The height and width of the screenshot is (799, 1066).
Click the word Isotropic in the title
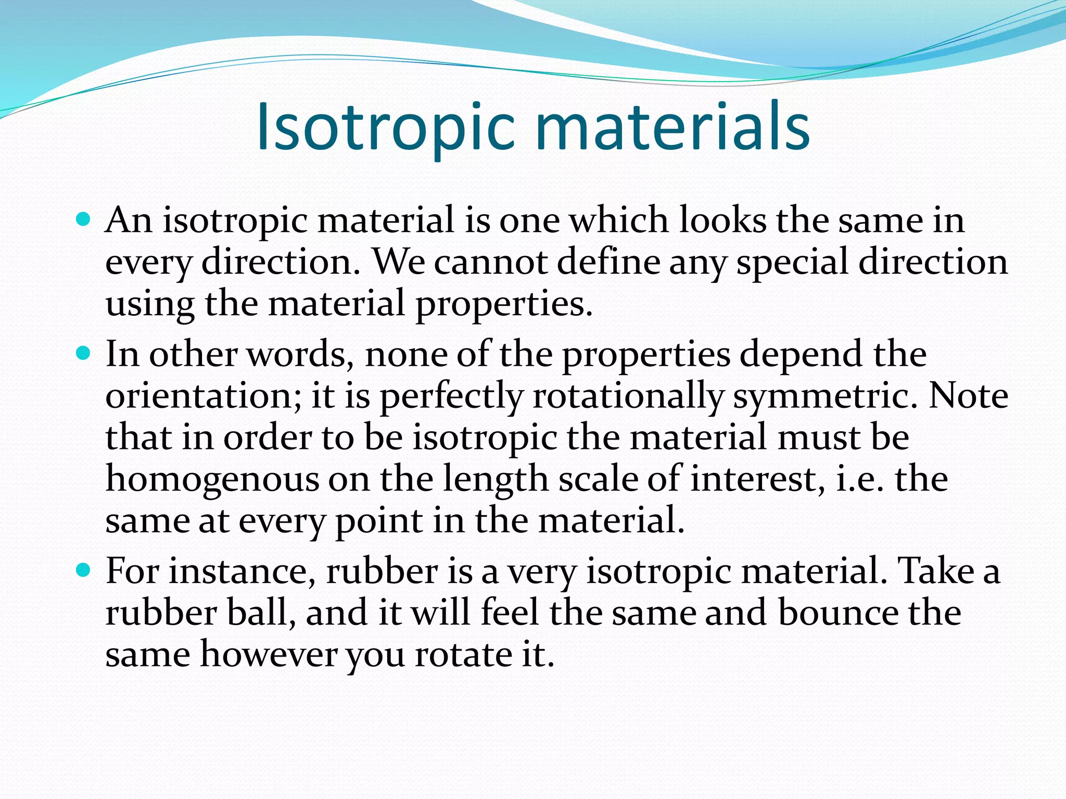pos(386,128)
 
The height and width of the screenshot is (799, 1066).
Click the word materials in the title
pos(672,128)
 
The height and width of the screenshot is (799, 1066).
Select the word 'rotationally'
pos(628,396)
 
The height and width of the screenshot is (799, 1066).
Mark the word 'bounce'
pos(837,613)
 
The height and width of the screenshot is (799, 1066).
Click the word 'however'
pos(269,654)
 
